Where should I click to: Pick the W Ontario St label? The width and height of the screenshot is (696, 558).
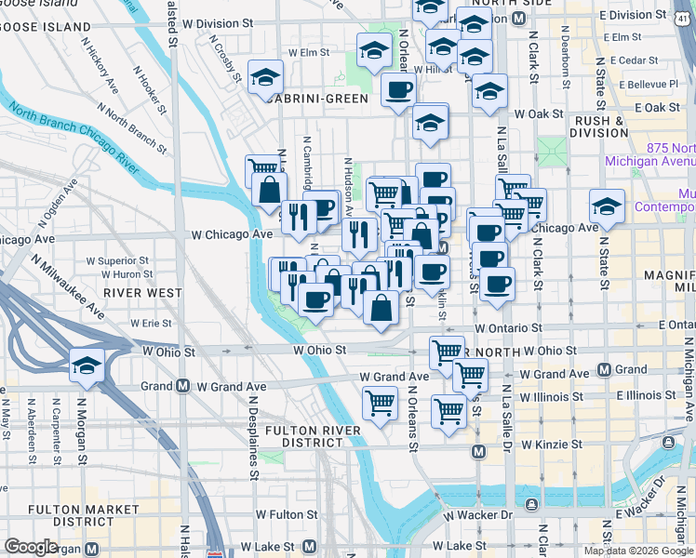[x=508, y=328]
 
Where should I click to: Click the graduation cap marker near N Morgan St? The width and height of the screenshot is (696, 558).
[x=87, y=364]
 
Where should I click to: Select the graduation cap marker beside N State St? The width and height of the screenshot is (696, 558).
[x=607, y=205]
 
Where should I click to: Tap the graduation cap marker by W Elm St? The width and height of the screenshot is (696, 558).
[x=374, y=50]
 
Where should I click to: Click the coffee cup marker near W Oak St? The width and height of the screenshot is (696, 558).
[x=399, y=90]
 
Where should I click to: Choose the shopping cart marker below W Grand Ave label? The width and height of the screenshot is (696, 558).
[x=379, y=404]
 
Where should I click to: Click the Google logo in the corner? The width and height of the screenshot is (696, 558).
[x=31, y=547]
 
